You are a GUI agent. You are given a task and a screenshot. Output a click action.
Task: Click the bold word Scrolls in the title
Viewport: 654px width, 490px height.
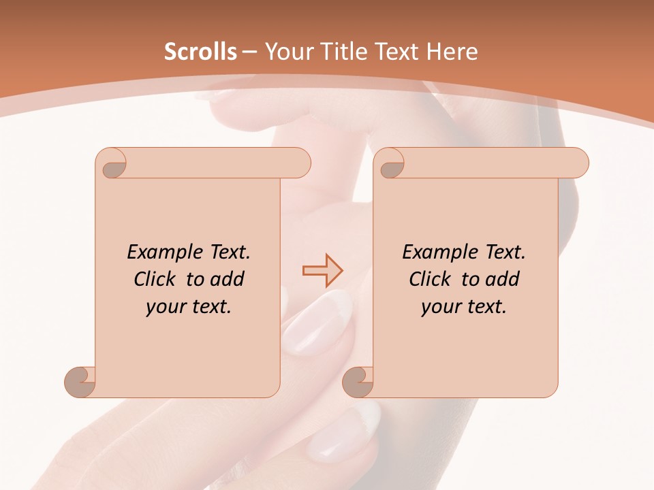[200, 52]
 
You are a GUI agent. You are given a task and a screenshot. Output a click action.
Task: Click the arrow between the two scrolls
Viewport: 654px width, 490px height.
[322, 271]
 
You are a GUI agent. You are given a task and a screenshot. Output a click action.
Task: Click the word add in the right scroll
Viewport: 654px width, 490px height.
[501, 279]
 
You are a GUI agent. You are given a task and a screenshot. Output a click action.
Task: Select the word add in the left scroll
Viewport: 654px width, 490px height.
[226, 279]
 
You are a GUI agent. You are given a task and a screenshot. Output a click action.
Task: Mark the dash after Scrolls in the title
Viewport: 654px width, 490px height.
[249, 52]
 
